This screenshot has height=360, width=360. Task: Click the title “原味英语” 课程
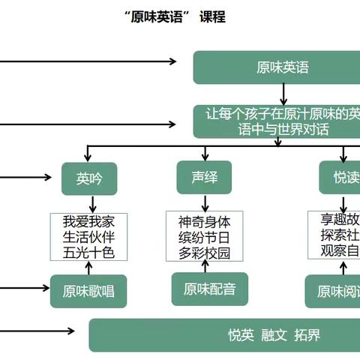pos(175,16)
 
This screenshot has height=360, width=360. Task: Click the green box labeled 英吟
pos(89,178)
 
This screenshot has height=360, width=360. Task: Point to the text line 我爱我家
pos(89,222)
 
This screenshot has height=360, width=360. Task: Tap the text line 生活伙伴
pos(89,237)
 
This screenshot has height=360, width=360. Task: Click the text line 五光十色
pos(89,252)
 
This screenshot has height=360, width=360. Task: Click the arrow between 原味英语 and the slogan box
pos(283,94)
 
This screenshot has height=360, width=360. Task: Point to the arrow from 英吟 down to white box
pos(91,204)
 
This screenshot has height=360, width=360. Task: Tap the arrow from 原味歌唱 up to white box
pos(91,268)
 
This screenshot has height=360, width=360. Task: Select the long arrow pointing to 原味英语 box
pos(90,61)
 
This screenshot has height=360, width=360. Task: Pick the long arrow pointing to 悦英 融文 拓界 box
pos(37,331)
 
